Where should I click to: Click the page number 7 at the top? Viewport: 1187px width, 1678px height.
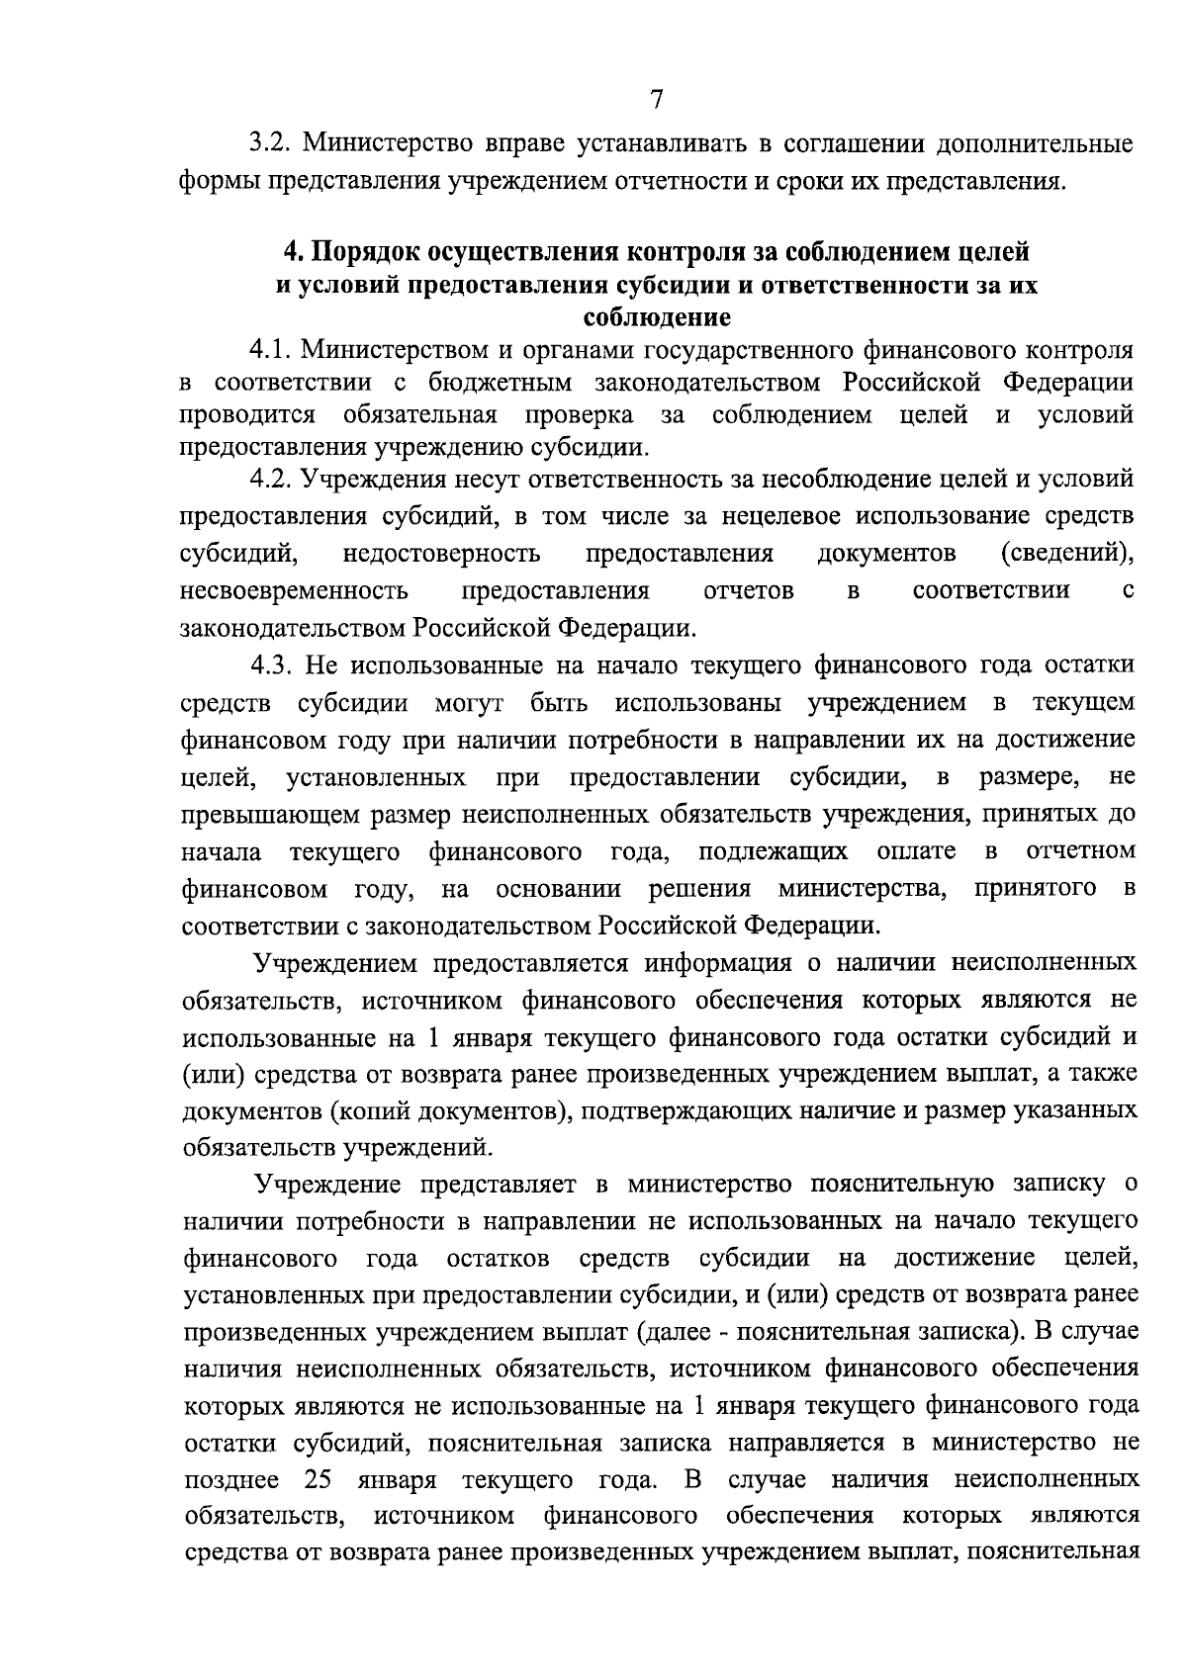coord(656,99)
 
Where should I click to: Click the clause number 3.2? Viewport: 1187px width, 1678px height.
coord(268,144)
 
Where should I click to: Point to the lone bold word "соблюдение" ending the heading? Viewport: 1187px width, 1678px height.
coord(656,318)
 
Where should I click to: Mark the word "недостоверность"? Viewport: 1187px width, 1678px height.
coord(441,552)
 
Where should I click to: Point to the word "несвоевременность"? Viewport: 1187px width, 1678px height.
coord(295,591)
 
